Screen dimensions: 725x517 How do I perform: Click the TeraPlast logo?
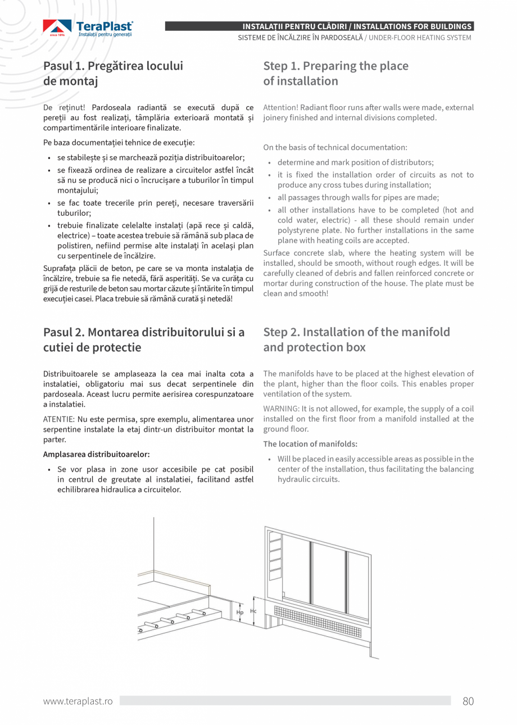point(88,29)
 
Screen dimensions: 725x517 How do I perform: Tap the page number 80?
point(468,701)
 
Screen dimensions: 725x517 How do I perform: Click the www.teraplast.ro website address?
point(78,701)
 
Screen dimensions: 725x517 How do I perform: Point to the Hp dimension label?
point(240,612)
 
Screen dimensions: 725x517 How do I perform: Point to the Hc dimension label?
point(253,611)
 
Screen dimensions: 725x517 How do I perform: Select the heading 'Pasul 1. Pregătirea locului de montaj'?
point(113,74)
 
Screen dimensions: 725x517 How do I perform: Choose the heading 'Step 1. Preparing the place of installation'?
point(335,74)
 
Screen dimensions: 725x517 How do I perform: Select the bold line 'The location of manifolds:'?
point(310,444)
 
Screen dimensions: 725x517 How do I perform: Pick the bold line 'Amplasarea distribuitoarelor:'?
point(96,454)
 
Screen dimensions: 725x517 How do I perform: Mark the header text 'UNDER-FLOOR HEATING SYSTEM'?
point(420,38)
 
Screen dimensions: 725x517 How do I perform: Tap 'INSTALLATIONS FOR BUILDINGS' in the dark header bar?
point(412,26)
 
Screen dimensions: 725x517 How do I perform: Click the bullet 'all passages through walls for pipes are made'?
point(358,197)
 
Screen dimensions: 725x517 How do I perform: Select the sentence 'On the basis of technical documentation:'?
point(335,147)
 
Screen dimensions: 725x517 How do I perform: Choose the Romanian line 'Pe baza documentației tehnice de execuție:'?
point(119,143)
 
